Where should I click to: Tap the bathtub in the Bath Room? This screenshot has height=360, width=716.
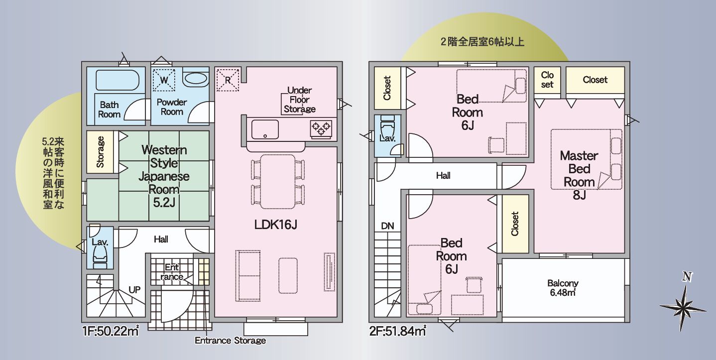[116, 80]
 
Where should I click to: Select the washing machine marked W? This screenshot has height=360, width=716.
[164, 79]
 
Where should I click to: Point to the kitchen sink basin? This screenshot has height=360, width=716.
[264, 129]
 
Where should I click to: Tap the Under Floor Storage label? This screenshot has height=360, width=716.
[299, 100]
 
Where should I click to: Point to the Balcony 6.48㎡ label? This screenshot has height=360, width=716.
[563, 288]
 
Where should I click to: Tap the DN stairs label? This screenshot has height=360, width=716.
[387, 226]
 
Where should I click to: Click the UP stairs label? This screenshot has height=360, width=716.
[134, 289]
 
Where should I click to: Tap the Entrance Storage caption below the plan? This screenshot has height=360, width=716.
[230, 341]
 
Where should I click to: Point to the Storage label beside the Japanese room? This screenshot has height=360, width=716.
[100, 151]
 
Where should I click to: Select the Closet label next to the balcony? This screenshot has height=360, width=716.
[515, 224]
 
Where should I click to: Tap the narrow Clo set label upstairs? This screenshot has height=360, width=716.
[547, 80]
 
